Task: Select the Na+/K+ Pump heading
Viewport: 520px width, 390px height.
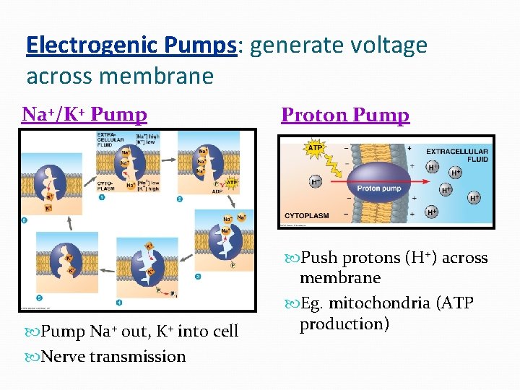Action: [x=84, y=114]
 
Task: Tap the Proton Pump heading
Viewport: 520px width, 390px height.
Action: [x=344, y=115]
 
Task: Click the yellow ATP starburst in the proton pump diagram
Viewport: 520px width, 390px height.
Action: [x=315, y=149]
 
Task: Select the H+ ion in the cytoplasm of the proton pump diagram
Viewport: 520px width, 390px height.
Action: [x=316, y=182]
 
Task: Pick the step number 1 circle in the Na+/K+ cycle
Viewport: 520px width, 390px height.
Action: [x=102, y=196]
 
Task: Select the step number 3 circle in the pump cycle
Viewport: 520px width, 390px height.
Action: [x=197, y=276]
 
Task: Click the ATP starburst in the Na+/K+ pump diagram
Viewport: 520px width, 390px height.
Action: [x=232, y=183]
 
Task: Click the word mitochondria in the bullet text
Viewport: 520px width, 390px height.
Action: [x=378, y=303]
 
